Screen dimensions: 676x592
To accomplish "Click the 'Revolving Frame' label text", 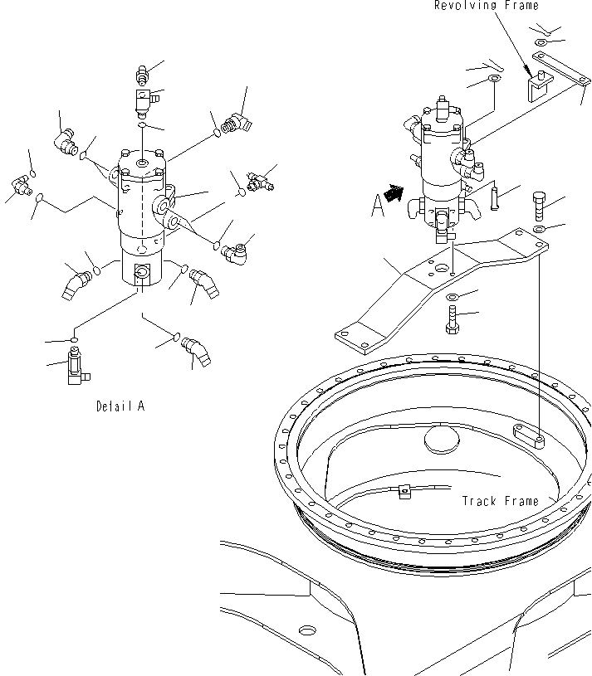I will [x=486, y=6].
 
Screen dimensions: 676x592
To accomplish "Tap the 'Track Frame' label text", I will [x=500, y=501].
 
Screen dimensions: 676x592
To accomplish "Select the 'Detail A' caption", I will [x=120, y=406].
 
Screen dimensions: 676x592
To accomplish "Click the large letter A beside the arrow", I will [x=378, y=205].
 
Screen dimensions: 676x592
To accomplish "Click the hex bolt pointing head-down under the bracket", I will [x=453, y=319].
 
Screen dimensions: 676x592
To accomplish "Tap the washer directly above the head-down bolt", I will [x=453, y=296].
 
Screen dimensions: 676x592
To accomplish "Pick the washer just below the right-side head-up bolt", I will [x=538, y=229].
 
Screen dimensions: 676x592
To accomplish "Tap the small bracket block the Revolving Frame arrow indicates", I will [x=537, y=85].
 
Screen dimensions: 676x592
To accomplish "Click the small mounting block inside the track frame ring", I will [x=528, y=435].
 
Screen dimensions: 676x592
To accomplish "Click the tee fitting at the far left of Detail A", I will [x=21, y=186].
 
